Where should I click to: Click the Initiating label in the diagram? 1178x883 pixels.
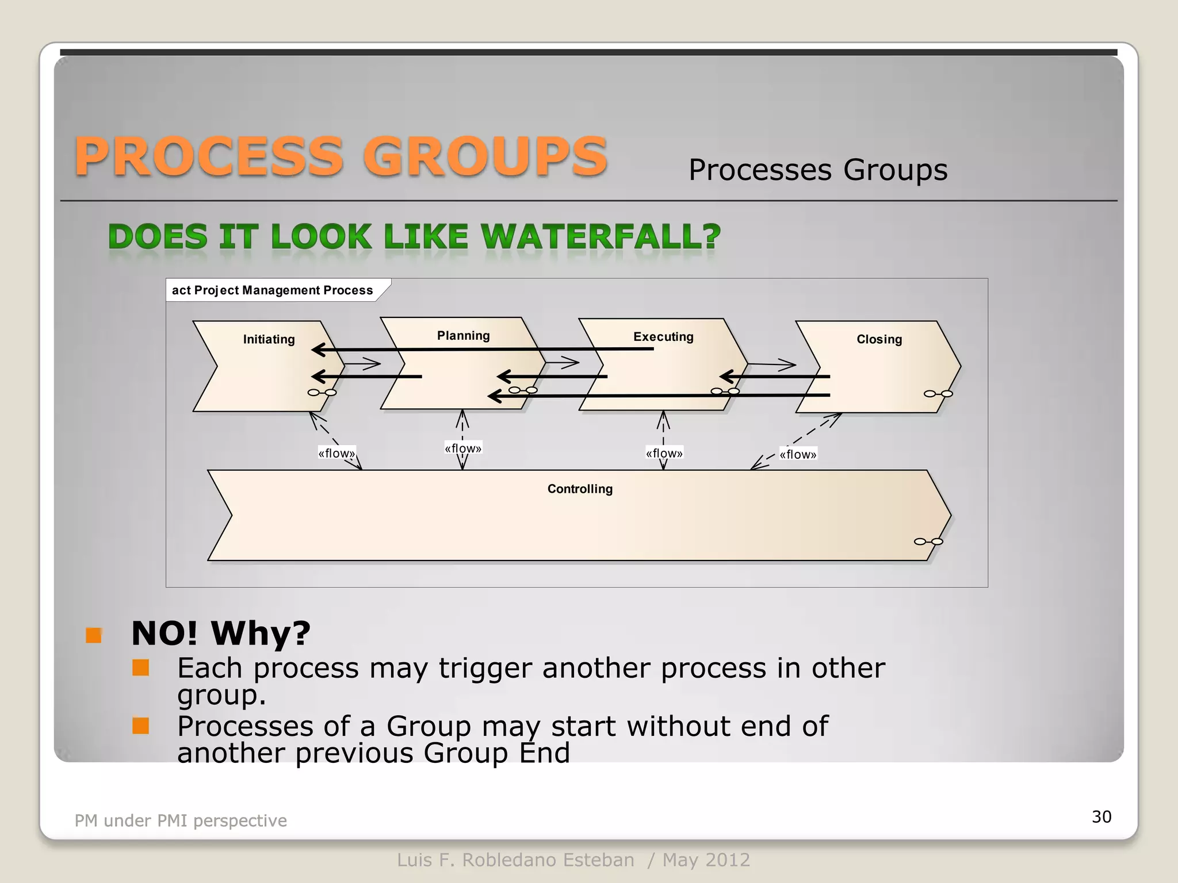click(269, 339)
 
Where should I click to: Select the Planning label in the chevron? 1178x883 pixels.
click(463, 336)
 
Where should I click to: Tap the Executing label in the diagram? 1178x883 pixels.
click(663, 337)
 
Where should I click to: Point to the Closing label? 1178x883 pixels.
click(879, 339)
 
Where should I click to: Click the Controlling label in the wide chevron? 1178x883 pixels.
click(580, 489)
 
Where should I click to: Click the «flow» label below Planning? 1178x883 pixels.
click(463, 448)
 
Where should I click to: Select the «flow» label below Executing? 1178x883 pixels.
click(664, 453)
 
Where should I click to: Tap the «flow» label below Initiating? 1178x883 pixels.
click(336, 453)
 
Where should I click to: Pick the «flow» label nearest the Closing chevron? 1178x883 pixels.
click(798, 454)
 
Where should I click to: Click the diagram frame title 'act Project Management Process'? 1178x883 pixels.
click(272, 290)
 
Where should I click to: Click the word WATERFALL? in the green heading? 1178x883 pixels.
click(601, 237)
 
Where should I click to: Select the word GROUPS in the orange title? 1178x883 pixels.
click(484, 156)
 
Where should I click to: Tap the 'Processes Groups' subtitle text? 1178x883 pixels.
click(817, 170)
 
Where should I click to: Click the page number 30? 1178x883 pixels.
click(1101, 816)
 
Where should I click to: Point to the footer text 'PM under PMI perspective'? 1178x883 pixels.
click(181, 820)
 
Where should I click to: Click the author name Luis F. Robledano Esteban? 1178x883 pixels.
click(515, 860)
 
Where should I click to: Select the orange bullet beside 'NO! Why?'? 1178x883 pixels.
click(93, 635)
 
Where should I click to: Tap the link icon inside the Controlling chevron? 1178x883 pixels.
click(928, 542)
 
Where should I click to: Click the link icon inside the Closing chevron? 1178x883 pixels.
click(938, 394)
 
